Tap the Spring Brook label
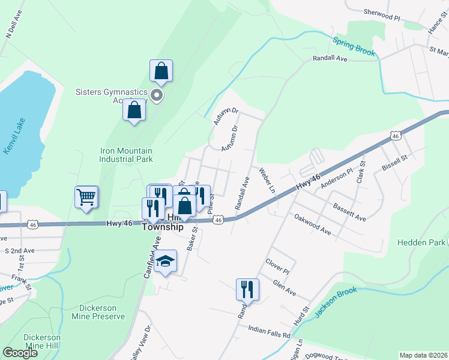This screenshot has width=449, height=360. coord(354,47)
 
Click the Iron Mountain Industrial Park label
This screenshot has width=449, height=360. coord(126,155)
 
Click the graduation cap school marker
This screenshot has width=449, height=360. coord(164,262)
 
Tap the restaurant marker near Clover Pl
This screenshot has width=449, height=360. coord(247,290)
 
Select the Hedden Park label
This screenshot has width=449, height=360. coord(421,242)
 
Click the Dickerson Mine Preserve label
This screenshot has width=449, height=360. coord(98,312)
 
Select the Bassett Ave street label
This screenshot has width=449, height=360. coord(349,211)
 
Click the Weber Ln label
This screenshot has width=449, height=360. coord(267,180)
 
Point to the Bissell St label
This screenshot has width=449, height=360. coord(395,161)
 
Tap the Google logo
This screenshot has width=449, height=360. coord(20,352)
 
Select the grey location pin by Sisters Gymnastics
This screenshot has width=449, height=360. coord(157,95)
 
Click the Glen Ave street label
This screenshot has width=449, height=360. coord(284,289)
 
